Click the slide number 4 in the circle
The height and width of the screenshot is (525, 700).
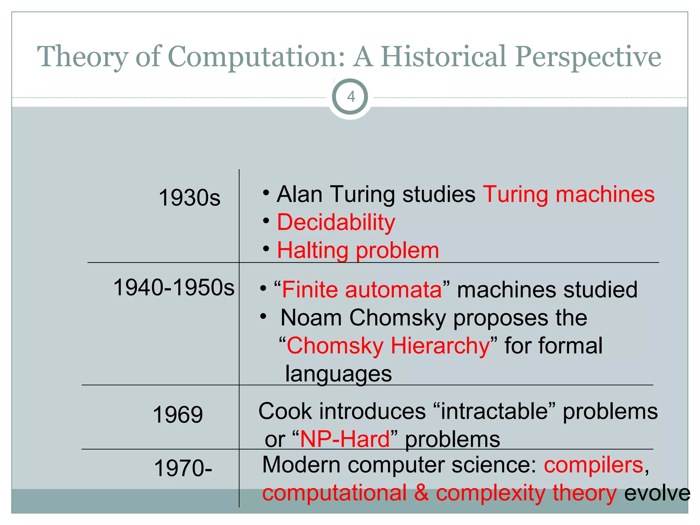(351, 97)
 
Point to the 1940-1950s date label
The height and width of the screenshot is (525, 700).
(174, 287)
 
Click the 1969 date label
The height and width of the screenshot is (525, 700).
(178, 415)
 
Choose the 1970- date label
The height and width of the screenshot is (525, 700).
(183, 468)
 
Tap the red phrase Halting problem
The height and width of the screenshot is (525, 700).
(358, 251)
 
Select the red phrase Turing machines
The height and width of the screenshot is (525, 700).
(569, 194)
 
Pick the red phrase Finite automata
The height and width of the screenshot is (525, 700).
(362, 290)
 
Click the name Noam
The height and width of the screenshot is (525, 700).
(311, 318)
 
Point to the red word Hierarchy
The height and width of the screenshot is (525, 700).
(440, 346)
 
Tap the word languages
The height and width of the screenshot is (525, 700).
(338, 374)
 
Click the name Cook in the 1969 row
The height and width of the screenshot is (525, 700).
(285, 411)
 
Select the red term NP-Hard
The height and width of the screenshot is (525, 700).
(345, 439)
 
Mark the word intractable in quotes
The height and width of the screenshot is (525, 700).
(494, 411)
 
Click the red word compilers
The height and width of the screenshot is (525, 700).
(594, 465)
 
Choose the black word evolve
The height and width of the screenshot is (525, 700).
(657, 493)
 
